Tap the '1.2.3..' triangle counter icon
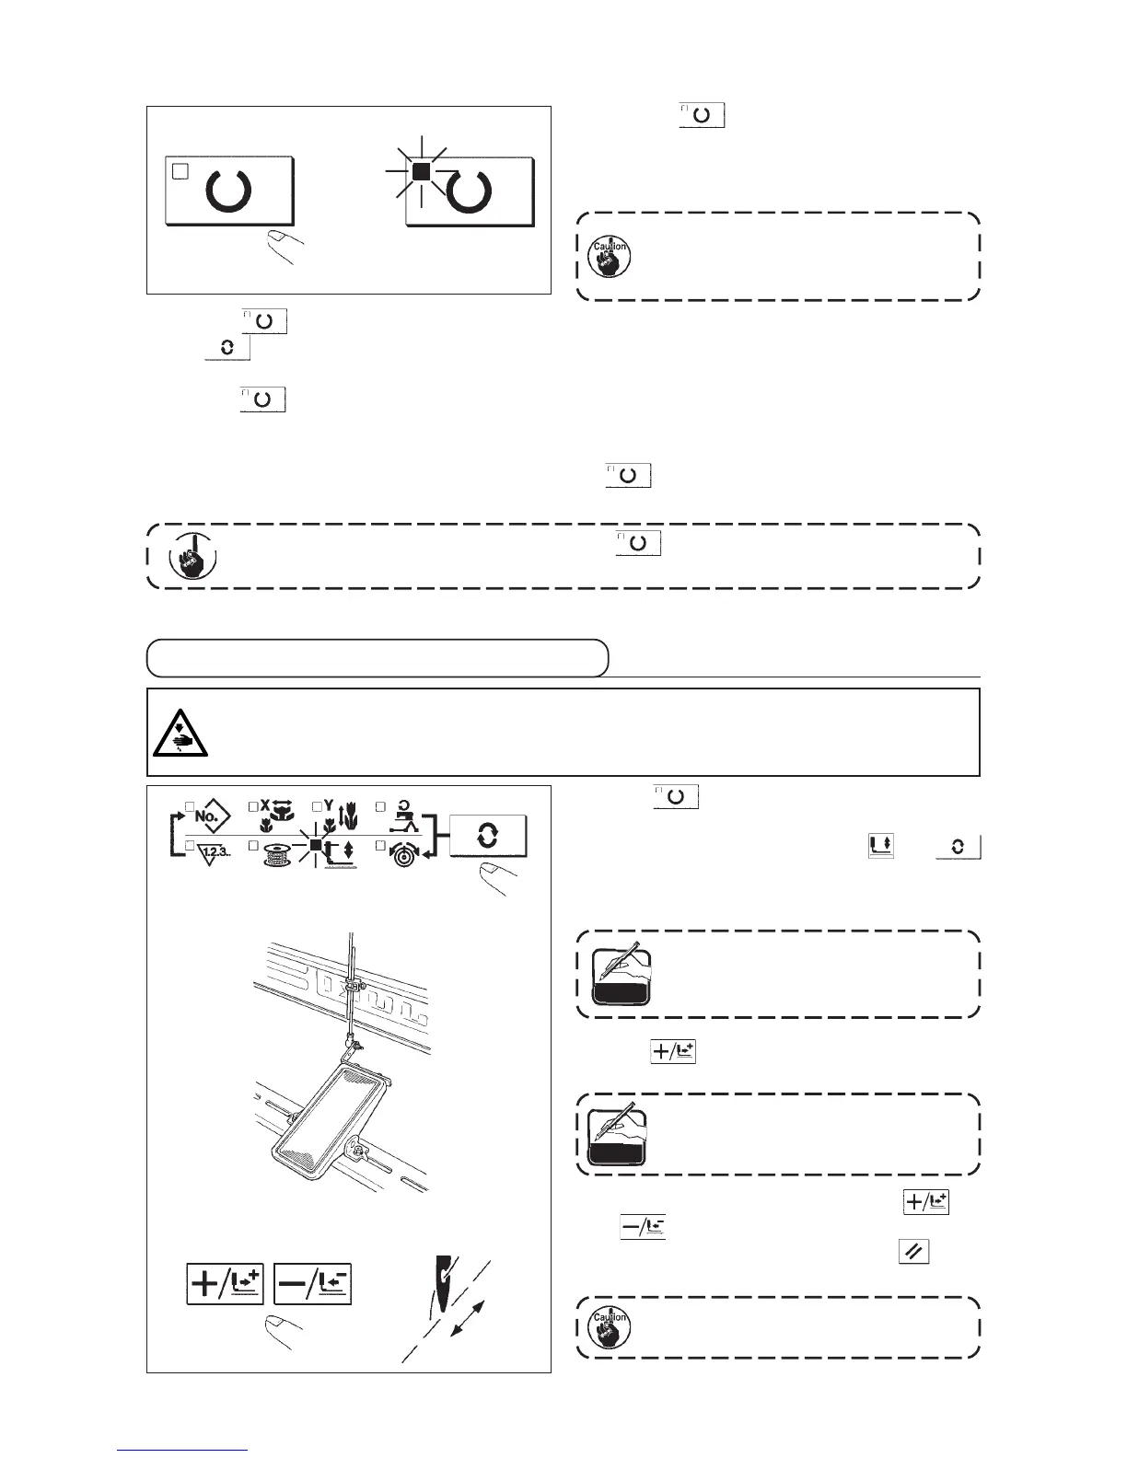tap(214, 851)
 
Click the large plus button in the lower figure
tap(225, 1284)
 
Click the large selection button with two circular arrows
tap(487, 836)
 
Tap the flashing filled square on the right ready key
tap(421, 171)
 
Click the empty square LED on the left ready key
tap(181, 171)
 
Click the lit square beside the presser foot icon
tap(315, 844)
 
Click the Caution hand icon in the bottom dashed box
tap(609, 1326)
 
